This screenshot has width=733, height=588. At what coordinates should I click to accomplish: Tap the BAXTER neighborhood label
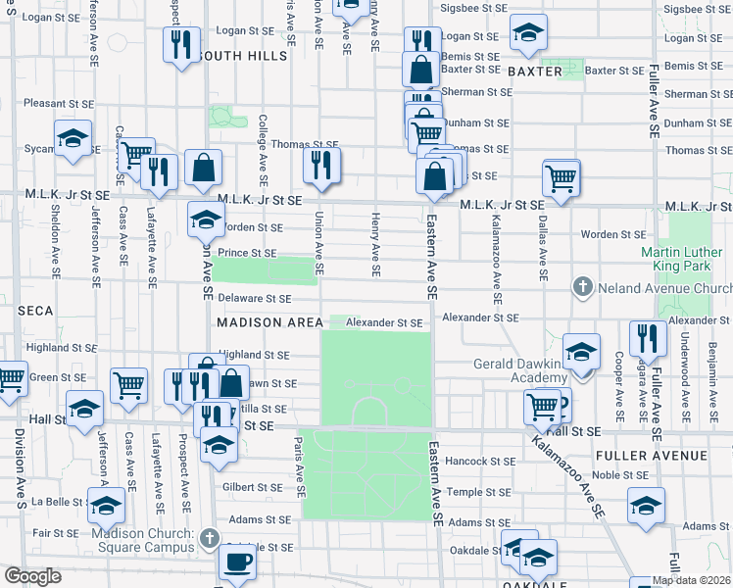point(535,72)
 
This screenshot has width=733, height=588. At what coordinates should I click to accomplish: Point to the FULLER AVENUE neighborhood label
point(651,456)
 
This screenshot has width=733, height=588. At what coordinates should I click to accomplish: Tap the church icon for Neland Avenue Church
point(582,287)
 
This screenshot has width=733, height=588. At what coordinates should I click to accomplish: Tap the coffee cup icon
point(236,563)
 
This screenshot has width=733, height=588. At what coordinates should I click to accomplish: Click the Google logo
point(32,576)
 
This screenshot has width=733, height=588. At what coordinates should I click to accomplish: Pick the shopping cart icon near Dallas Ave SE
point(561,178)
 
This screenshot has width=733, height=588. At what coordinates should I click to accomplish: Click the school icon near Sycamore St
point(73,139)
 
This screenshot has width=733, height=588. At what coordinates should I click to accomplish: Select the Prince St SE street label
point(247,253)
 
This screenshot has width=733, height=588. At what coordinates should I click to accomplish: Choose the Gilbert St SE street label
point(252,487)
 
